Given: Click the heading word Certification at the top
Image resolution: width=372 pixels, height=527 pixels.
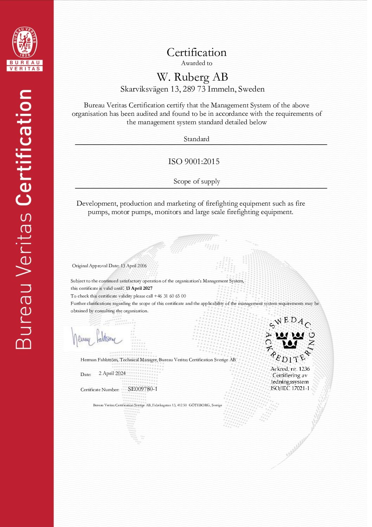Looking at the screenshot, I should tap(197, 52).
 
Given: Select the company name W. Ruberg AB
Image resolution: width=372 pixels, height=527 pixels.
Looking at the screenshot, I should tap(192, 77).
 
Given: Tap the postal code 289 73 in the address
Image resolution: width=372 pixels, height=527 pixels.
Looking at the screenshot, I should tap(194, 89).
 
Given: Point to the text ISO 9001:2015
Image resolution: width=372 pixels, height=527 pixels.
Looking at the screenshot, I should tap(194, 162).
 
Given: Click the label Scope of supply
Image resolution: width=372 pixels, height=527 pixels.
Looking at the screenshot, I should tap(197, 181).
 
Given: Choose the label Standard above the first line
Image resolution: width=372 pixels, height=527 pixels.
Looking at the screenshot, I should tap(196, 139).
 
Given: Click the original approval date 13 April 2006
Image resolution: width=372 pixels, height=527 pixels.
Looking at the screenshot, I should tap(134, 266).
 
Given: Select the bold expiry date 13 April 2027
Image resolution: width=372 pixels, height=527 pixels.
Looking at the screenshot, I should tap(139, 288).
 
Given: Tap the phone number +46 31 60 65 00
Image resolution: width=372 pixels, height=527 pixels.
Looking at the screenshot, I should tap(170, 296).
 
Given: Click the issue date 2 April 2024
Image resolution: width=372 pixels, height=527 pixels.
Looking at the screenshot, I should tap(112, 374).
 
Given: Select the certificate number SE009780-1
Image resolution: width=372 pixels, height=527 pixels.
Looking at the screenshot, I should tap(142, 389).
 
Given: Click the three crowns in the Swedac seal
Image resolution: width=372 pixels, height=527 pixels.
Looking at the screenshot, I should tap(290, 339).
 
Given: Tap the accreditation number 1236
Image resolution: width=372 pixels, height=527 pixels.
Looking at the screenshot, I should tap(304, 369).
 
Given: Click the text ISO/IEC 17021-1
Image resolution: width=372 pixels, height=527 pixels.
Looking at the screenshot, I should tap(290, 388).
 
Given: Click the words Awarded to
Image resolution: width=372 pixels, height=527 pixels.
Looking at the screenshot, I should tap(197, 63).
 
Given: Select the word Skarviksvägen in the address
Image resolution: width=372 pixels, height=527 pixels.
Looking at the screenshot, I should tap(144, 89).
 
